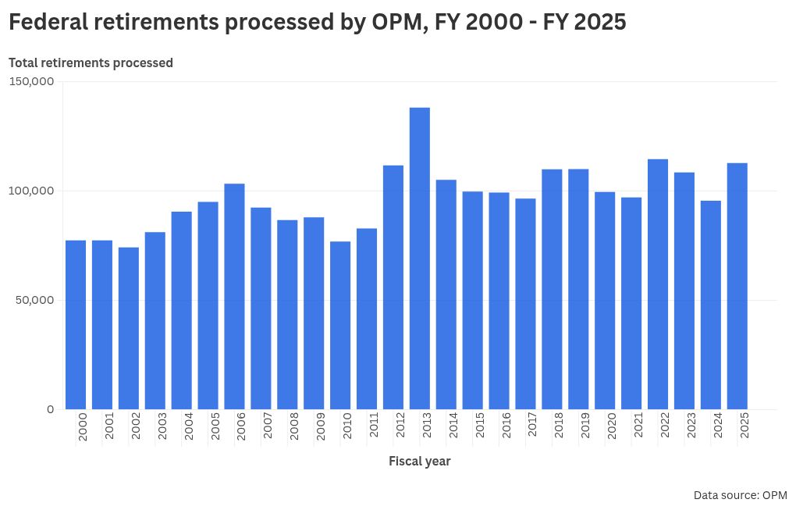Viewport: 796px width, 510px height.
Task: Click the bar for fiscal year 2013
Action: [x=420, y=258]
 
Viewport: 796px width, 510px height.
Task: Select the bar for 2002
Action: [x=129, y=328]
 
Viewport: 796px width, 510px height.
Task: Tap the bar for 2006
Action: [x=234, y=296]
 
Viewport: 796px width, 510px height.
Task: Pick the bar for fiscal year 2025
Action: [x=737, y=286]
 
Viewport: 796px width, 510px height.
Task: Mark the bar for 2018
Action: [x=552, y=289]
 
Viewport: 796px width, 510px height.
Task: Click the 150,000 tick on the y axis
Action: [x=31, y=81]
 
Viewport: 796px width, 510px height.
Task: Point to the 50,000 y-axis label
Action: [x=34, y=300]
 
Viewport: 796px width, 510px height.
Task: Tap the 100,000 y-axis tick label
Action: [x=31, y=191]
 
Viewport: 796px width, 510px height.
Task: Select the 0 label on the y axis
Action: [x=50, y=409]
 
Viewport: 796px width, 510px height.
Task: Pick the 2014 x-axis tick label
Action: [x=453, y=428]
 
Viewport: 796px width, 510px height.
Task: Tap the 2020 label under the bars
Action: [x=612, y=428]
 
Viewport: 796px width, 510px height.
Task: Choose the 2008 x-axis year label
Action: [x=294, y=428]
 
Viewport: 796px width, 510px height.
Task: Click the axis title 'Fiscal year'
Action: [x=420, y=461]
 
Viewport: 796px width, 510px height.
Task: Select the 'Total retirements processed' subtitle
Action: [x=91, y=62]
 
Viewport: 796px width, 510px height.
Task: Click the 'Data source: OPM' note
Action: [x=740, y=495]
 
